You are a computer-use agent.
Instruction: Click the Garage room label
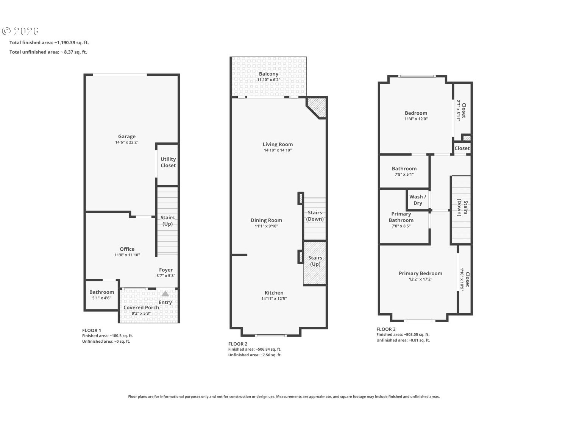(126, 136)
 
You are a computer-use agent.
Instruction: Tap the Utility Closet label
(168, 162)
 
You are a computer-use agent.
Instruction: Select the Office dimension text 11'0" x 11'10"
(127, 255)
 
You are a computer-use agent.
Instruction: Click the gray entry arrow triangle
(165, 293)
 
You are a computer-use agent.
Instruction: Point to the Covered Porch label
(141, 307)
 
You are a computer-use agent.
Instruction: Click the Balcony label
(268, 74)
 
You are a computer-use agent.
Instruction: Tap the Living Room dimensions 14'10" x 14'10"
(278, 150)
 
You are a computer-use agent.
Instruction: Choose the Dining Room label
(266, 220)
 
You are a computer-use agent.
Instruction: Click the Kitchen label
(274, 293)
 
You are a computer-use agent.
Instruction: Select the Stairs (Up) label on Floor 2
(315, 261)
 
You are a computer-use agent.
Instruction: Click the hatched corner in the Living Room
(317, 107)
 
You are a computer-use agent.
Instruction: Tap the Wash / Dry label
(418, 200)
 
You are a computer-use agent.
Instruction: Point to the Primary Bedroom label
(420, 273)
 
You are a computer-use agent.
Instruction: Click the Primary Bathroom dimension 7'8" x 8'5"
(401, 226)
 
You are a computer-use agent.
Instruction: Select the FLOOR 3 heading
(386, 329)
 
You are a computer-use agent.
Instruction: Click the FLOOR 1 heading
(92, 330)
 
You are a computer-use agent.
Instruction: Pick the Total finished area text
(49, 42)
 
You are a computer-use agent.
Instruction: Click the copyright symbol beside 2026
(6, 31)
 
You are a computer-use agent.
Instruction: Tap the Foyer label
(165, 270)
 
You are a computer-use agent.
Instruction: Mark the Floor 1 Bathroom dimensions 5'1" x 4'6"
(102, 298)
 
